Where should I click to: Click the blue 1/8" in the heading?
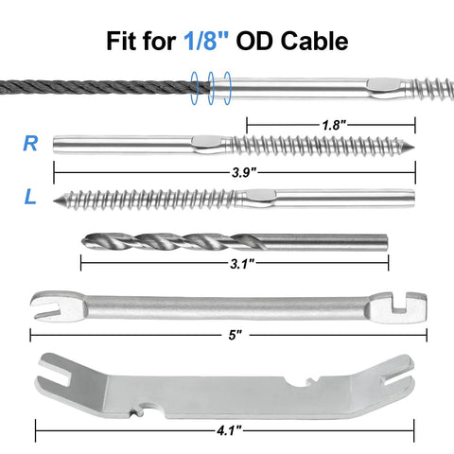click(x=207, y=41)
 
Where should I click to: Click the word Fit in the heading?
click(x=121, y=41)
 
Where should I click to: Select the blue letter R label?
click(x=30, y=144)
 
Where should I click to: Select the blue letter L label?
click(x=30, y=197)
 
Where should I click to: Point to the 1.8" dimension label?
click(x=334, y=125)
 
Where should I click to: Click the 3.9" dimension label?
click(x=244, y=172)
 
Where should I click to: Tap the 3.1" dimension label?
click(x=242, y=264)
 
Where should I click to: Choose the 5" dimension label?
click(x=236, y=335)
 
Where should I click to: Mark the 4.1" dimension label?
click(x=229, y=430)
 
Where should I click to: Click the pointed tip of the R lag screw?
click(x=413, y=146)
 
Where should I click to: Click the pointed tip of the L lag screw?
click(x=55, y=201)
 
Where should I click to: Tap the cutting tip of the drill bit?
click(x=83, y=242)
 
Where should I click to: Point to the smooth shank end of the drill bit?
click(x=386, y=242)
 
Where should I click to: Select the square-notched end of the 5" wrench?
click(x=400, y=307)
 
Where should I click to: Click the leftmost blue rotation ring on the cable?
click(x=195, y=88)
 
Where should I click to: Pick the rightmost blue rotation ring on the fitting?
click(x=227, y=88)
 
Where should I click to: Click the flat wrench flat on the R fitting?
click(x=208, y=141)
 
